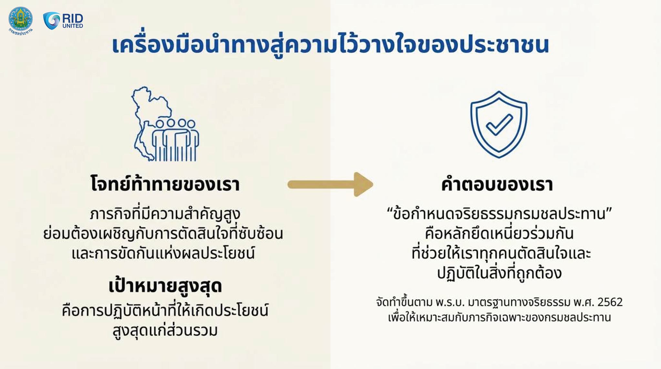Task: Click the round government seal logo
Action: (21, 20)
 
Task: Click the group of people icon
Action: (176, 140)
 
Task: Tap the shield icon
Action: (499, 124)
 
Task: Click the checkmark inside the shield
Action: (499, 125)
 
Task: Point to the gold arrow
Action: (330, 184)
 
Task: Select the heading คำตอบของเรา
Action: (497, 184)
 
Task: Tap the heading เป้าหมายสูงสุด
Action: (165, 286)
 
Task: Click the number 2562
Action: (610, 302)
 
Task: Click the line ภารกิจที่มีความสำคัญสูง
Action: (165, 214)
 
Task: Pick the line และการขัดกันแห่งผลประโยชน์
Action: (163, 253)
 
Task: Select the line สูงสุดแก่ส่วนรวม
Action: (165, 330)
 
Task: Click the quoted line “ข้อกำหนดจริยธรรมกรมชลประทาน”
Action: (500, 214)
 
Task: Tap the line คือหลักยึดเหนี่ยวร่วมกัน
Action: (499, 233)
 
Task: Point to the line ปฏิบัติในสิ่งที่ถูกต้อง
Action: (499, 273)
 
